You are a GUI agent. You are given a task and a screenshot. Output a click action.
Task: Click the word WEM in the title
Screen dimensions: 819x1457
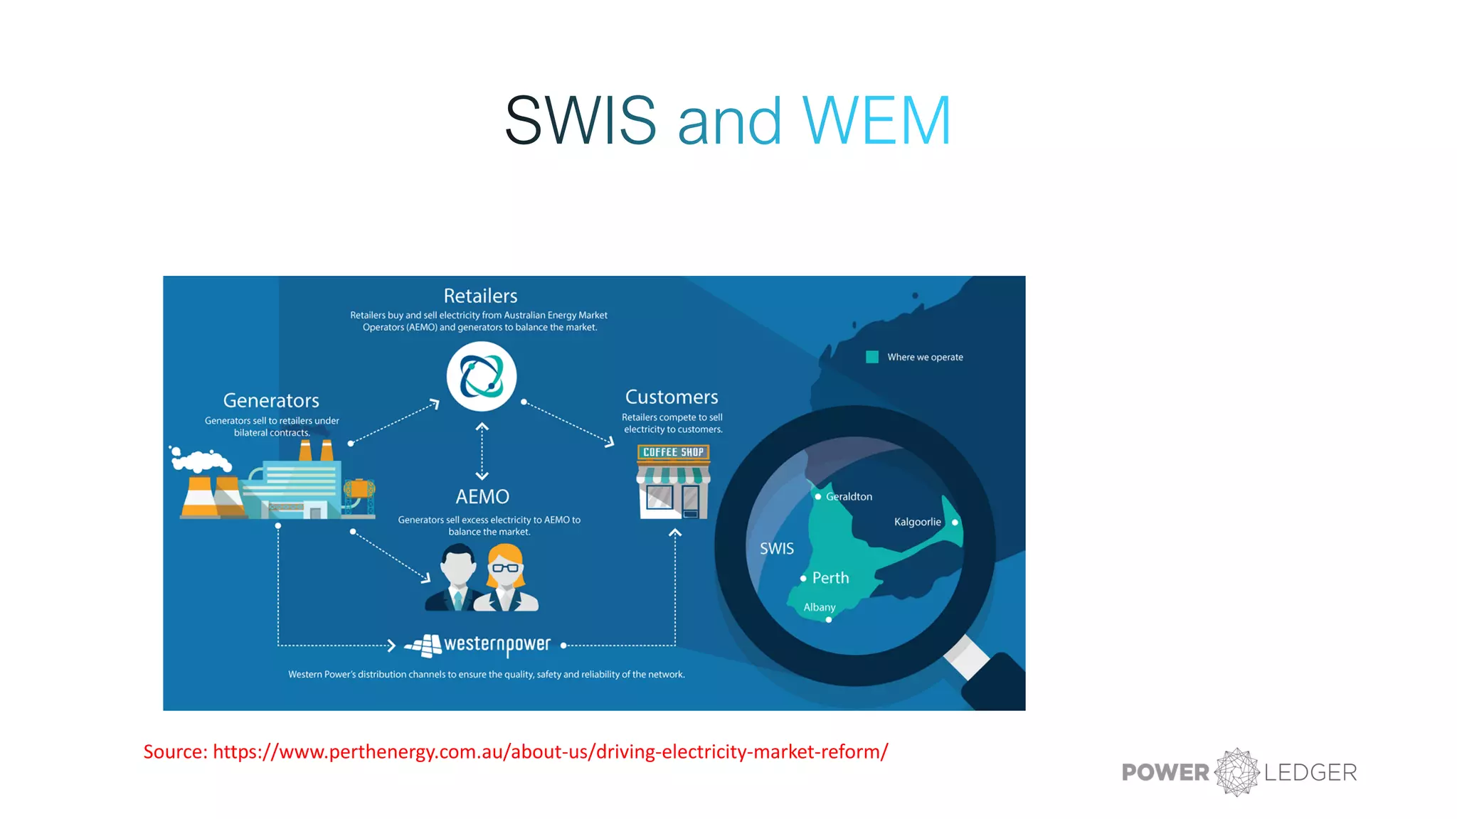876,121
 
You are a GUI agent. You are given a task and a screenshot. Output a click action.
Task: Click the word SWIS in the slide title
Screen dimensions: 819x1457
580,121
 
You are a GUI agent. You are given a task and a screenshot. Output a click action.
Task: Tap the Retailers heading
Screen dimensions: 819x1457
480,296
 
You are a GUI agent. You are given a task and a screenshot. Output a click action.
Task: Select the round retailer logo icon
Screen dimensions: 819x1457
482,376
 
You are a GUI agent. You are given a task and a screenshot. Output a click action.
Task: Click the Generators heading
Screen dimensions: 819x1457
271,400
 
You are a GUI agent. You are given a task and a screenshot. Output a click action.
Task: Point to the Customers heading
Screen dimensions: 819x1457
672,397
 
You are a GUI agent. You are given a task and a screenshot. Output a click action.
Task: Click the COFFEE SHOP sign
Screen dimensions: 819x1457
673,452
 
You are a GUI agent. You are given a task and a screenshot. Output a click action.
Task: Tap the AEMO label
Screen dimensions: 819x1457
482,496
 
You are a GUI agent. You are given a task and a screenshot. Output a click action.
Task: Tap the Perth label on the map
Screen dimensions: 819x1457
830,578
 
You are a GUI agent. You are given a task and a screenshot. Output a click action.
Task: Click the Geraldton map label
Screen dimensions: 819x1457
849,496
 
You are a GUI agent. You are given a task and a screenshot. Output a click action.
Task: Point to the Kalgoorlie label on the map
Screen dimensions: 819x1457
917,522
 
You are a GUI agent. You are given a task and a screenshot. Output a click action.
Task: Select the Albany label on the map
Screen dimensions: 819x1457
820,607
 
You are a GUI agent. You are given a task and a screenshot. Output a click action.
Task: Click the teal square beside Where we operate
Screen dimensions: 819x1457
872,357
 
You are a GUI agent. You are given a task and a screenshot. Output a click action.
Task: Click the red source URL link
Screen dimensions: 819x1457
550,751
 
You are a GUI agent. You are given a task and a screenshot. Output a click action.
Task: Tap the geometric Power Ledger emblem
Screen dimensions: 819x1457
1237,772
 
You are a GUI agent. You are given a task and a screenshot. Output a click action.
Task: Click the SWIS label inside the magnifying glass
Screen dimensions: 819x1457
776,548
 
